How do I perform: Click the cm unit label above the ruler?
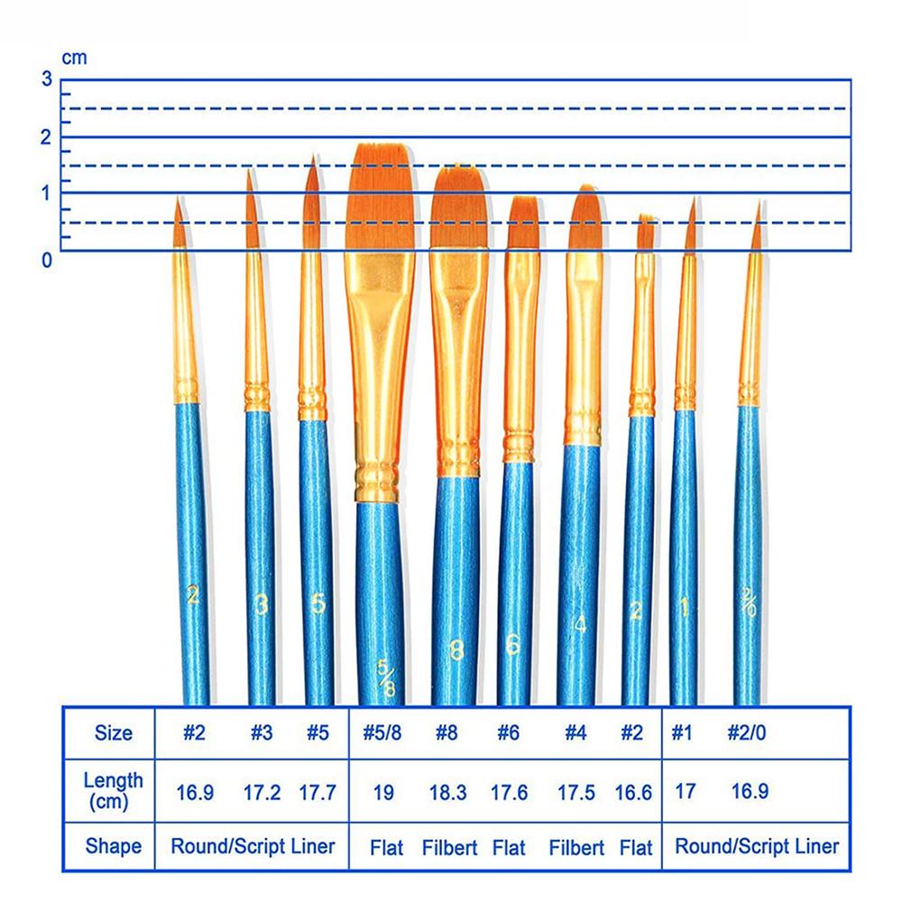[74, 58]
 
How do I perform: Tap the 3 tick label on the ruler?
[47, 78]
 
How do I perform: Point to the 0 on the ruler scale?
[47, 261]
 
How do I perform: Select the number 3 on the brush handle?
[262, 605]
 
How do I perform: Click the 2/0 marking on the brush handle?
[749, 602]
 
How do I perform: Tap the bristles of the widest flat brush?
[382, 198]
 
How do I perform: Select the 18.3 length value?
[448, 794]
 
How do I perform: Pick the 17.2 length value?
[262, 794]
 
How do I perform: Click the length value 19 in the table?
[382, 794]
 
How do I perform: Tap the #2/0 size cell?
[749, 733]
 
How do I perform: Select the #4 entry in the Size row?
[575, 733]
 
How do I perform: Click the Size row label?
[114, 733]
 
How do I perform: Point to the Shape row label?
[114, 846]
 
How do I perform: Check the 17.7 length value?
[317, 794]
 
